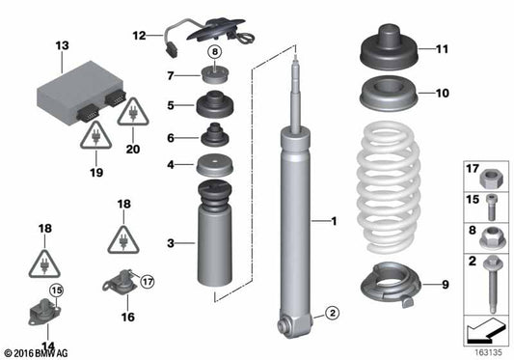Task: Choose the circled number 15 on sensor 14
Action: [56, 291]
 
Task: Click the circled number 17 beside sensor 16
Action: [148, 283]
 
